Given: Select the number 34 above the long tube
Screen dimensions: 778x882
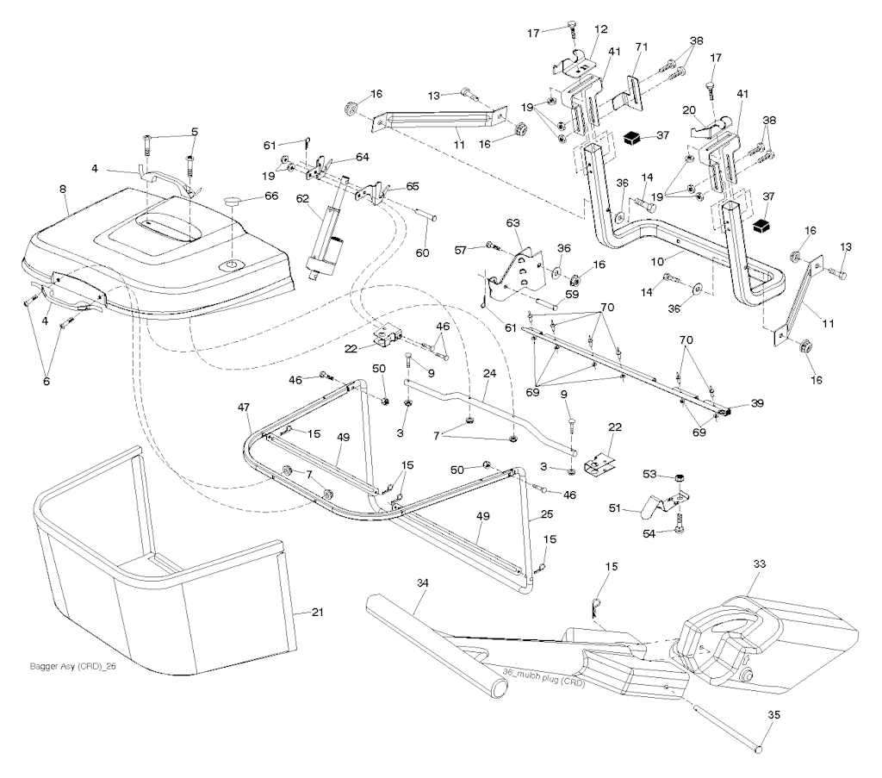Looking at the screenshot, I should [x=421, y=583].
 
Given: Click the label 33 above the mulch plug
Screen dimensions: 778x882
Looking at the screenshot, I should [x=759, y=564].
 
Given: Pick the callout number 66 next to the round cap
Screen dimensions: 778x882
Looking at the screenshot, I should [x=271, y=196].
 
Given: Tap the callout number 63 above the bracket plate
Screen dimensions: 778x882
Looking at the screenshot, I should [x=513, y=224].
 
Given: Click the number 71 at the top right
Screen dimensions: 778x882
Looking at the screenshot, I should [x=641, y=46].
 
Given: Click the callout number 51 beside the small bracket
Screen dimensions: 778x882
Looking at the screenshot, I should [x=638, y=509].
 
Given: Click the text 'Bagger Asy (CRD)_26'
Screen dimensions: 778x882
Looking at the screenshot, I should [x=71, y=666].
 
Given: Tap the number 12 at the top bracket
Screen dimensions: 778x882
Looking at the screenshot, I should [x=601, y=30].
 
